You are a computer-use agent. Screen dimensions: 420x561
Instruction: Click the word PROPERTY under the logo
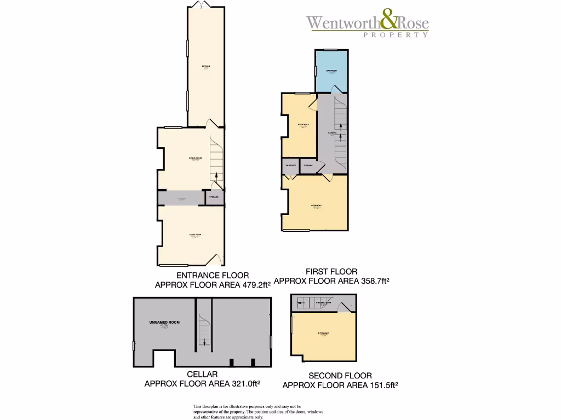(396, 35)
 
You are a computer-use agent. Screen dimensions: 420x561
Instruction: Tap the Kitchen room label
(206, 67)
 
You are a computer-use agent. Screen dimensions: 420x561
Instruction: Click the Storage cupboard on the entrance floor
(214, 197)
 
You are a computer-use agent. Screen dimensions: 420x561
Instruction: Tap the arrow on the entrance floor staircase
(217, 176)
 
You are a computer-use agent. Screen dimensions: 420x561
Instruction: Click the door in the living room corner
(217, 258)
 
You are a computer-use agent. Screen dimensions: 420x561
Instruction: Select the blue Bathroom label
(331, 71)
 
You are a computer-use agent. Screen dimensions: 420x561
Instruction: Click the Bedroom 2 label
(304, 125)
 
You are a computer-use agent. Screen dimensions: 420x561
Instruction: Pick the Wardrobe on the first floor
(290, 166)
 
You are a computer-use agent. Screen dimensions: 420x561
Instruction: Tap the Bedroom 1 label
(317, 206)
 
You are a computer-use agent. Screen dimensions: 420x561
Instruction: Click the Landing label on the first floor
(331, 132)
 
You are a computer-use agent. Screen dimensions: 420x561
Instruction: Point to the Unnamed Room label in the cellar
(164, 323)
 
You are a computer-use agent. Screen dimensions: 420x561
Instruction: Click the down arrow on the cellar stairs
(205, 341)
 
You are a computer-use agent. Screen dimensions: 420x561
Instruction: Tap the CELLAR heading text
(202, 374)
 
